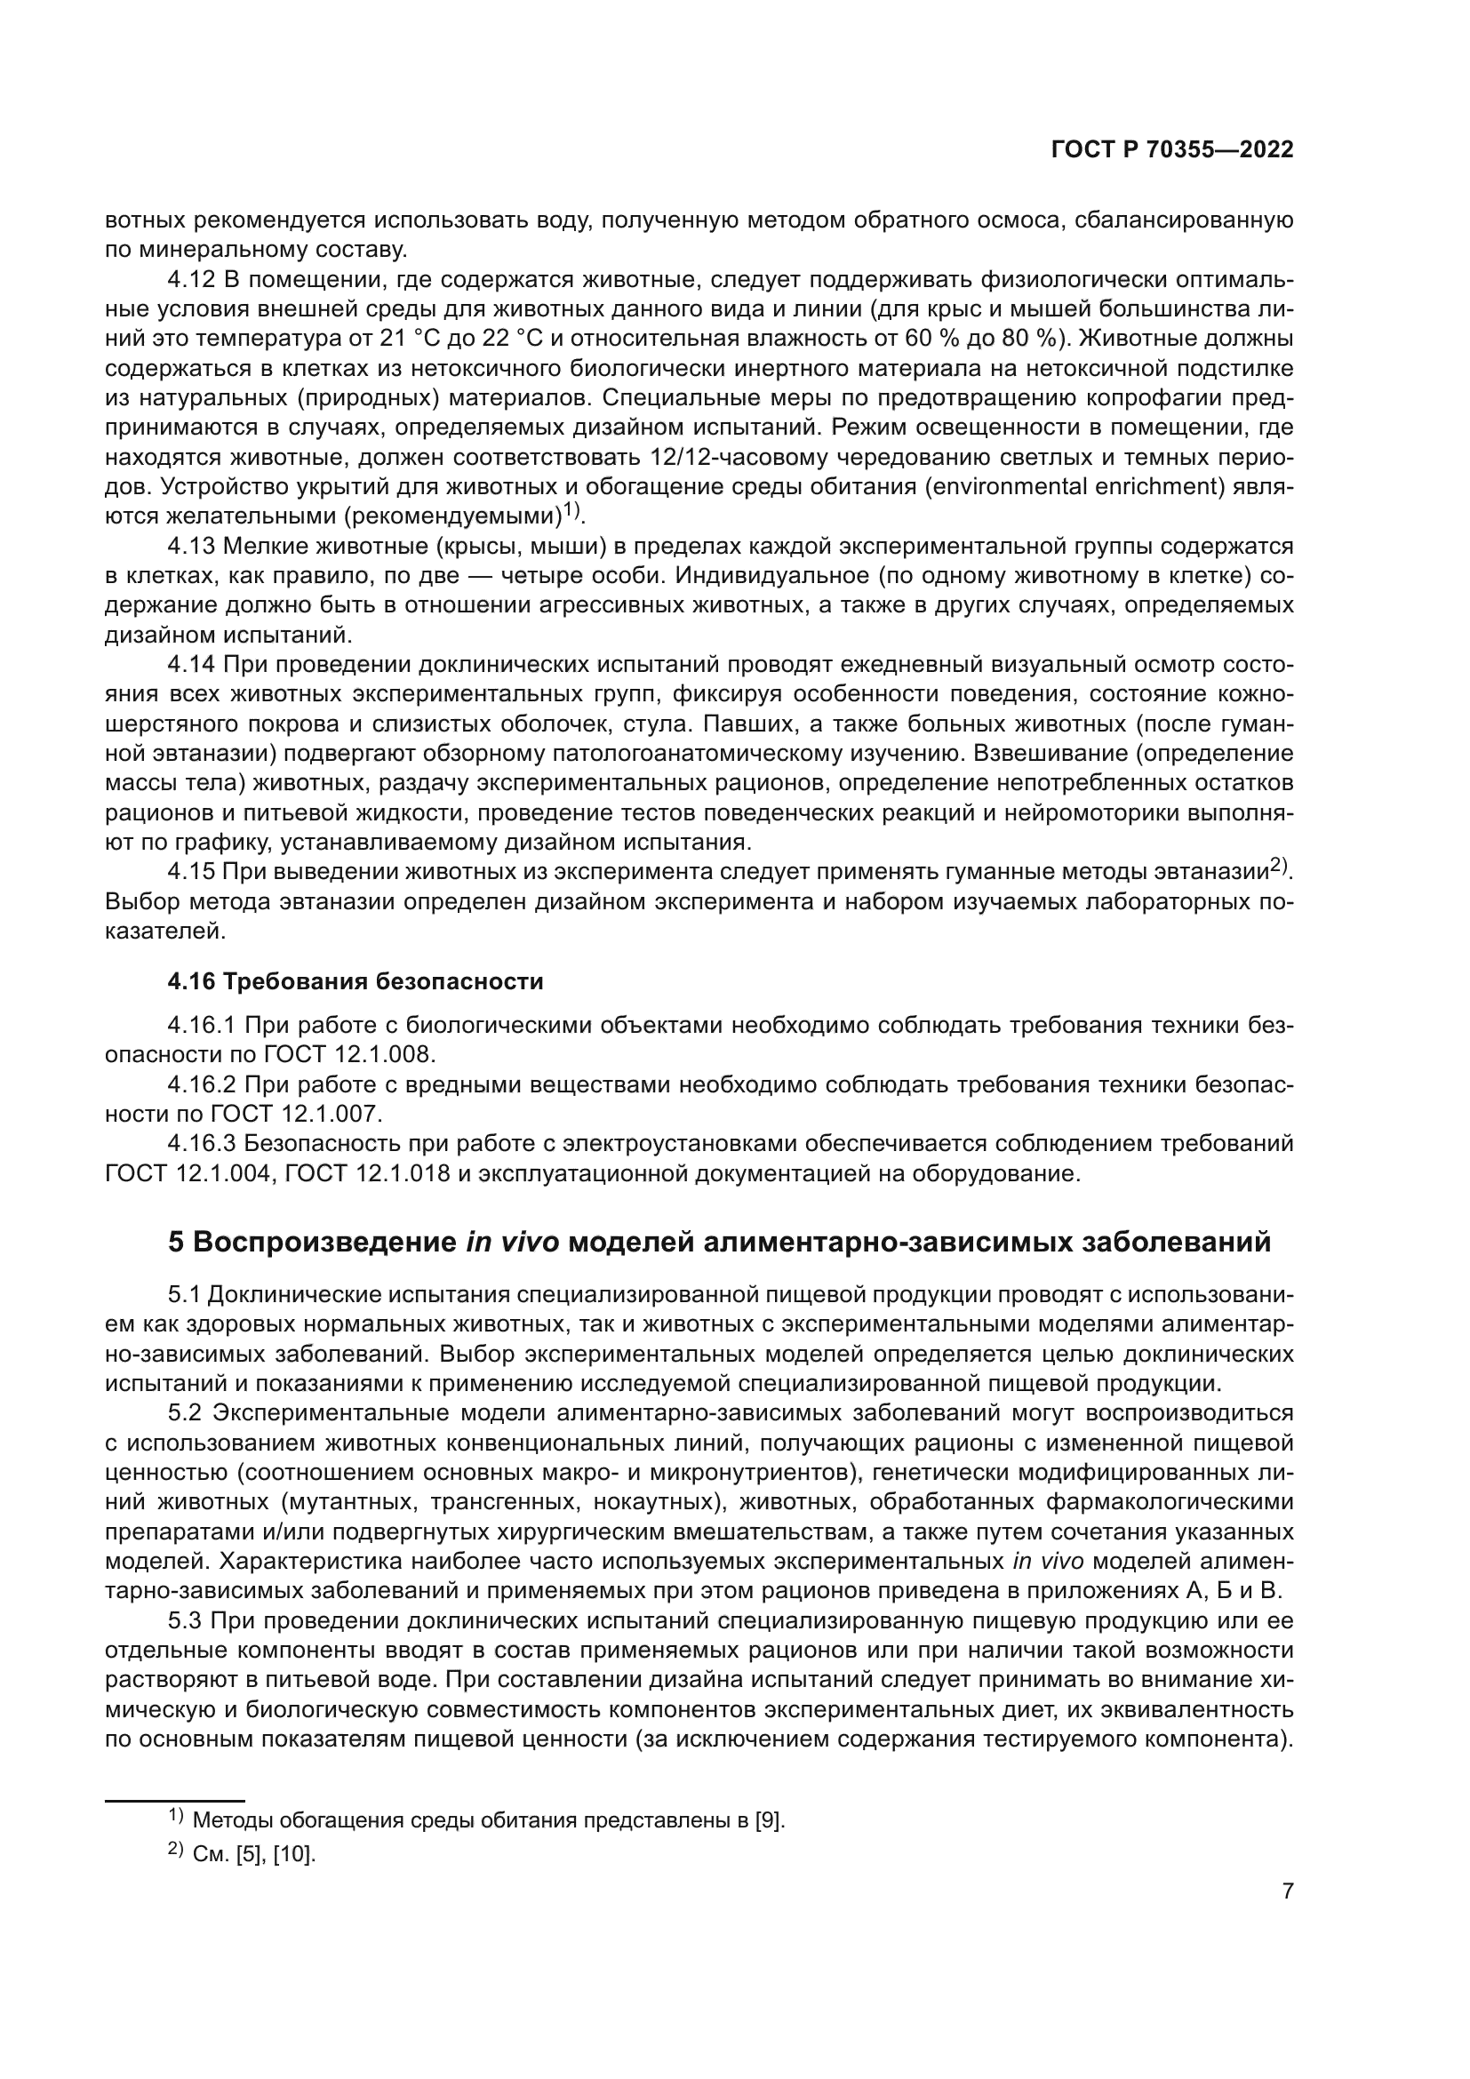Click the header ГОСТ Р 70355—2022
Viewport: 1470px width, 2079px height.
coord(1172,149)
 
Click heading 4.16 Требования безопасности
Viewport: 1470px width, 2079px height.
coord(355,981)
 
